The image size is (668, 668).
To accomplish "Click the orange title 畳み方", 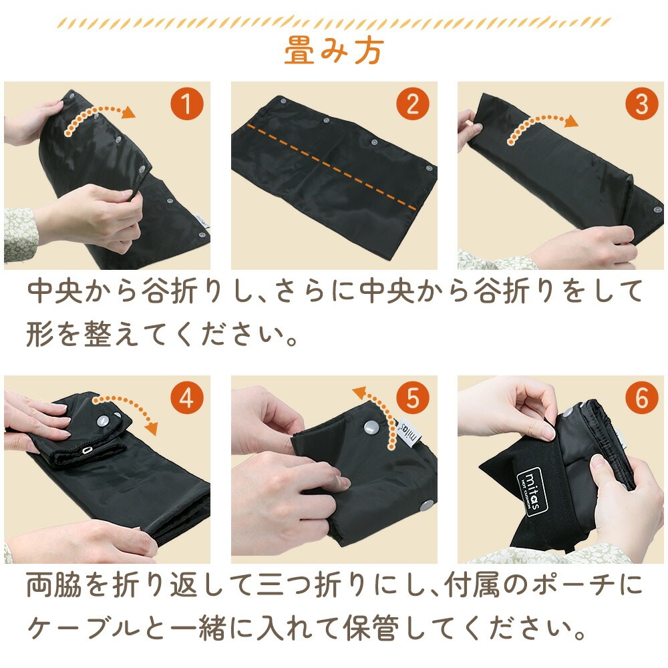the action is point(334,50).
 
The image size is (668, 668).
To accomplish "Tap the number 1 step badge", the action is point(187,104).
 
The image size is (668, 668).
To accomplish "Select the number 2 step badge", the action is point(413,104).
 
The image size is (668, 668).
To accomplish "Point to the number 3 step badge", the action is point(642,104).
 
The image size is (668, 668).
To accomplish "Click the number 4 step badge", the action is point(187,398).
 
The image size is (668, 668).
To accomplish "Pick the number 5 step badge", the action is point(413,398).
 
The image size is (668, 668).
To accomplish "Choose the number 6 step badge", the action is point(642,398).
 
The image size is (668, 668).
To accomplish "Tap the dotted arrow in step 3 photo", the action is point(538,120).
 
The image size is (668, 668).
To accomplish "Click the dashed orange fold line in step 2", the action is point(331,167).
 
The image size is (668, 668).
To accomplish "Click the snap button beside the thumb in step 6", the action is point(568,412).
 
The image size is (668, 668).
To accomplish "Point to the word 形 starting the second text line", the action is point(40,333).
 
